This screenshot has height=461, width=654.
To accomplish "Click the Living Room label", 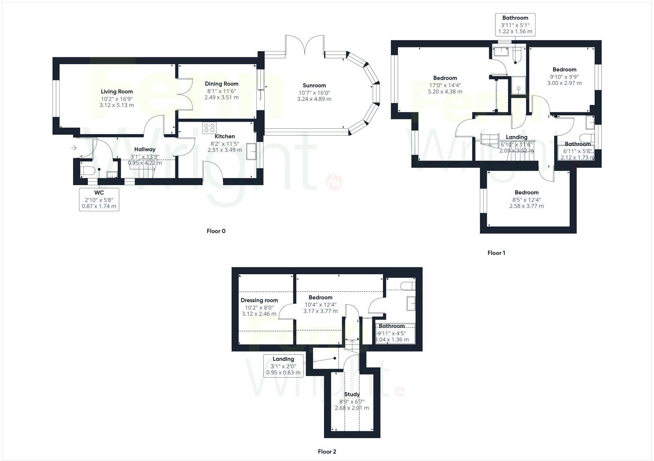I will [x=116, y=92].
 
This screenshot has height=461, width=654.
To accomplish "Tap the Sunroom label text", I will [x=314, y=85].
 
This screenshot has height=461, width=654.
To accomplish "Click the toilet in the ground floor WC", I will [x=88, y=170].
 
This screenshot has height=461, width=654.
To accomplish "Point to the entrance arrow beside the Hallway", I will [x=74, y=148].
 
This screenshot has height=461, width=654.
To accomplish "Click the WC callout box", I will [x=99, y=199].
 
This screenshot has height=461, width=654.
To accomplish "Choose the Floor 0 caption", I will [x=216, y=231].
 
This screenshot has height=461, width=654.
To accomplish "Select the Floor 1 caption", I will [x=496, y=253].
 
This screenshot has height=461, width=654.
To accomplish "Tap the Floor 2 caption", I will [x=327, y=452].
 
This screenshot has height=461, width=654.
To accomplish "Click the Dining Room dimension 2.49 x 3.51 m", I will [x=222, y=97].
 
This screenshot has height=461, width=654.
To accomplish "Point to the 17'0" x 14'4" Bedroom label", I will [x=445, y=78].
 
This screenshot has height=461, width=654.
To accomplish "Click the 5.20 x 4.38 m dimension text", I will [x=445, y=92].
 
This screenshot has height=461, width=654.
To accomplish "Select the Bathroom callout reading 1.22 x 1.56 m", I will [x=515, y=25].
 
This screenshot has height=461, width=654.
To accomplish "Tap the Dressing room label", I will [x=259, y=300].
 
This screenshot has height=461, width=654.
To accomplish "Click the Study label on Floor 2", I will [x=352, y=394].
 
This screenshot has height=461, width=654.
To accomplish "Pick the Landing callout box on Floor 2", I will [x=283, y=366].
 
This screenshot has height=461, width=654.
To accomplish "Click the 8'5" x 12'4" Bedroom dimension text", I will [x=526, y=199].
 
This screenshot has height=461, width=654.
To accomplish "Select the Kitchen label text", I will [x=225, y=137].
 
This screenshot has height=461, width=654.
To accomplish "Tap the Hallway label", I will [x=145, y=150].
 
